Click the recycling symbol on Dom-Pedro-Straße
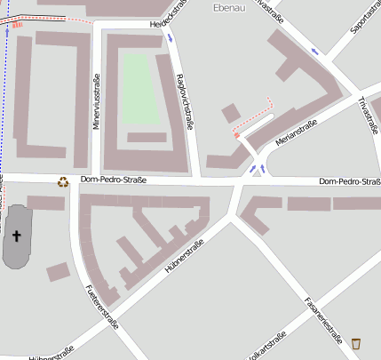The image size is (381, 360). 63,182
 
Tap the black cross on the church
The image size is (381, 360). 16,236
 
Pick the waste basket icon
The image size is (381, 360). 356,343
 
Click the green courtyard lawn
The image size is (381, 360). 138,89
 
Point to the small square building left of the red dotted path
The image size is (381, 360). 230,113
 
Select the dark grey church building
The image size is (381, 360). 18,236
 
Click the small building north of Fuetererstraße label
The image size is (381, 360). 58,271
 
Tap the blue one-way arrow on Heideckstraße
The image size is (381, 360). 169,39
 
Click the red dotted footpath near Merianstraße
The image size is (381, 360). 253,119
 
